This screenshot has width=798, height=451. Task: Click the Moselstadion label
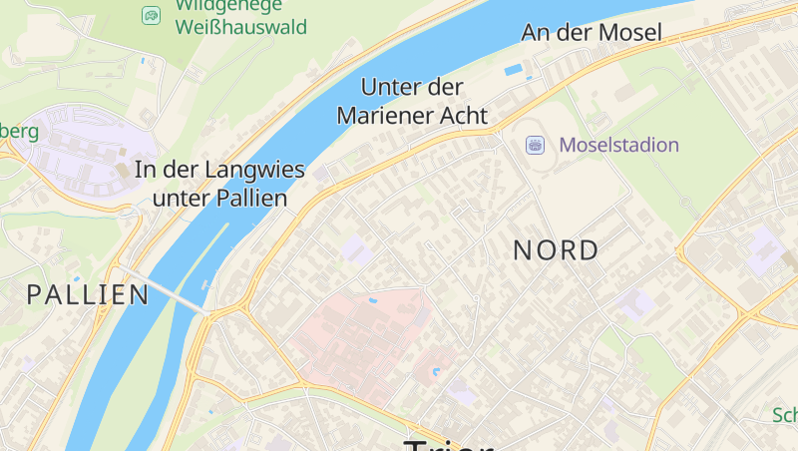(x=618, y=146)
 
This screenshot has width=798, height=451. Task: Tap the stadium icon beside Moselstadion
(x=536, y=146)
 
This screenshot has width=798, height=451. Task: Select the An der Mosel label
(x=591, y=33)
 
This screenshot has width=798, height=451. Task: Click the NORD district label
(x=556, y=250)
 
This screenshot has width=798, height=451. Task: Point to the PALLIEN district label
(x=88, y=294)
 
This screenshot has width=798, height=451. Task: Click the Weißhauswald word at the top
(x=240, y=27)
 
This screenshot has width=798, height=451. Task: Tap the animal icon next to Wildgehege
(x=151, y=15)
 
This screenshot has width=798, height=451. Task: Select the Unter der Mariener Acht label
(x=412, y=101)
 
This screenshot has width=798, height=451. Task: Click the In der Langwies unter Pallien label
(x=219, y=184)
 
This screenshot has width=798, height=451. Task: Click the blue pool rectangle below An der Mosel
(x=514, y=70)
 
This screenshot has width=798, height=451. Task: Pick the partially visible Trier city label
(x=448, y=443)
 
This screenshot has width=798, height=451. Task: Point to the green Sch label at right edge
(x=785, y=415)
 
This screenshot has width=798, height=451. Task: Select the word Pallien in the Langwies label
(x=252, y=199)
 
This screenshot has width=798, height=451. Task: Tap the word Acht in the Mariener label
(x=465, y=116)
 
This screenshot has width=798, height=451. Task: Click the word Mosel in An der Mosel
(x=630, y=33)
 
